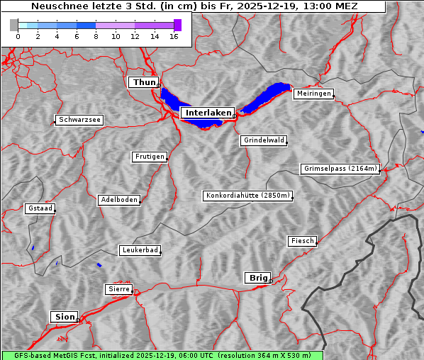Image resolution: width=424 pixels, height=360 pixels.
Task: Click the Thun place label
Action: coord(144,83)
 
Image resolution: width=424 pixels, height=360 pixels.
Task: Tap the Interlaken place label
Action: coord(207,113)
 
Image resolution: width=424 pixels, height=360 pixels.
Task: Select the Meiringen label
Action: coord(313,94)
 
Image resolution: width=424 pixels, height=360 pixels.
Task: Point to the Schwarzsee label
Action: coord(79,120)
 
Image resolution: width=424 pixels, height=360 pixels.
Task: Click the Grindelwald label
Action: coord(264,140)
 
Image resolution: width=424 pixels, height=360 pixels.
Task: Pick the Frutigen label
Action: coord(149,157)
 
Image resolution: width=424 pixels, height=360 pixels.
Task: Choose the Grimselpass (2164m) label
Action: coord(340,169)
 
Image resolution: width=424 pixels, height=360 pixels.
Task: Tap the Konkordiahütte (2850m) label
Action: coord(247,196)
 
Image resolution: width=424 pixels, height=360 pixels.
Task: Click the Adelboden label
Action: coord(118,200)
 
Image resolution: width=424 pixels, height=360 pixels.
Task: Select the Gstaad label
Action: coord(40,209)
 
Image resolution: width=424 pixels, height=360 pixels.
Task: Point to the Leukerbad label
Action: coord(140,250)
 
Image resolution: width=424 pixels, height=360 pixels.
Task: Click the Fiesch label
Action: coord(301,241)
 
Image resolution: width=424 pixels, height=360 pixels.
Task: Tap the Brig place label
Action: coord(257,278)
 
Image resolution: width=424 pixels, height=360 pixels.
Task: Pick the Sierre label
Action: coord(118,289)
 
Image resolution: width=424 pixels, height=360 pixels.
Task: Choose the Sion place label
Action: coord(63,317)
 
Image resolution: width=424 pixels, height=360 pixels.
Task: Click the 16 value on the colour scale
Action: coord(174,36)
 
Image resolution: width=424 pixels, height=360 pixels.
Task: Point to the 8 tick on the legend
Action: coord(96,36)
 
